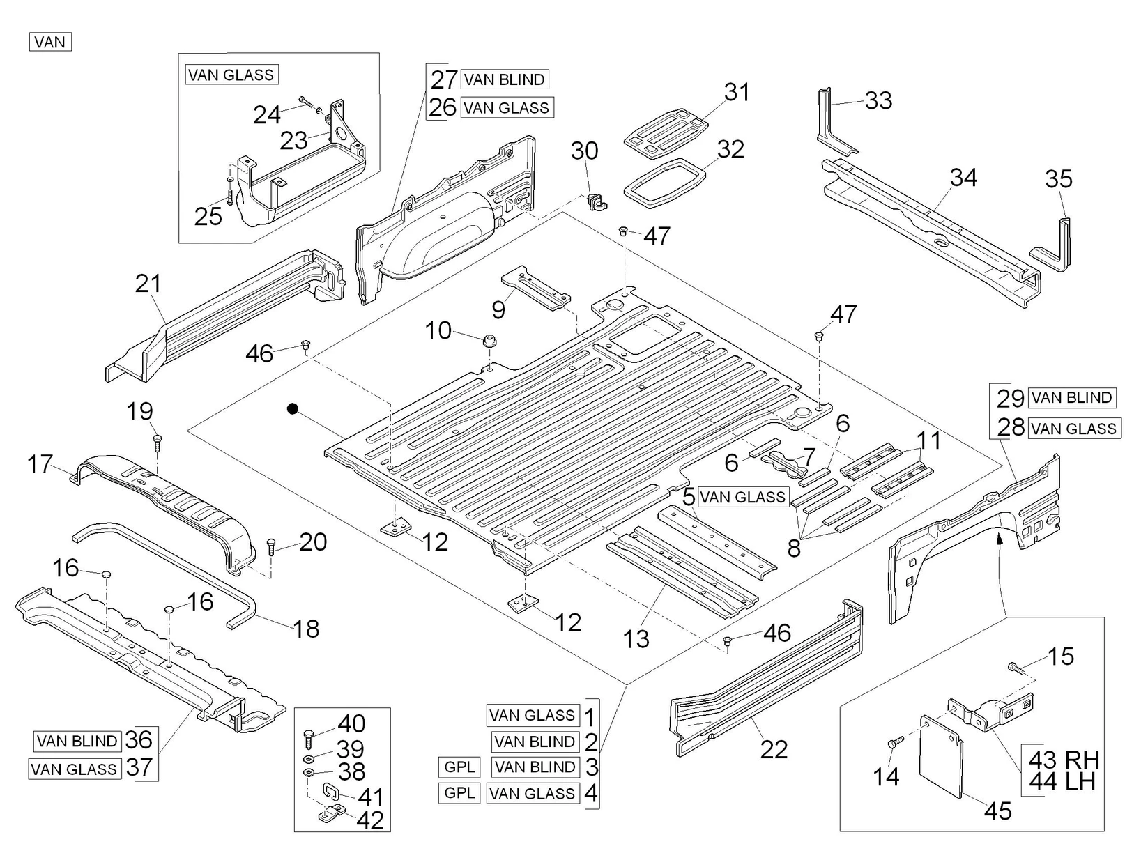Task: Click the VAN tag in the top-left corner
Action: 50,42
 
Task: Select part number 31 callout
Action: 737,92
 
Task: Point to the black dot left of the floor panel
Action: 293,409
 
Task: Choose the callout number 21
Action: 148,283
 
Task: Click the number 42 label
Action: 370,820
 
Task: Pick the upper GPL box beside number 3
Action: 459,767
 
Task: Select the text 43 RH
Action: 1064,759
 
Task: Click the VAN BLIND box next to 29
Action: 1072,398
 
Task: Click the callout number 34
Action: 963,178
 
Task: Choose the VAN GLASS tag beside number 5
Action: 742,497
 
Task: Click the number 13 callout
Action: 636,638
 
